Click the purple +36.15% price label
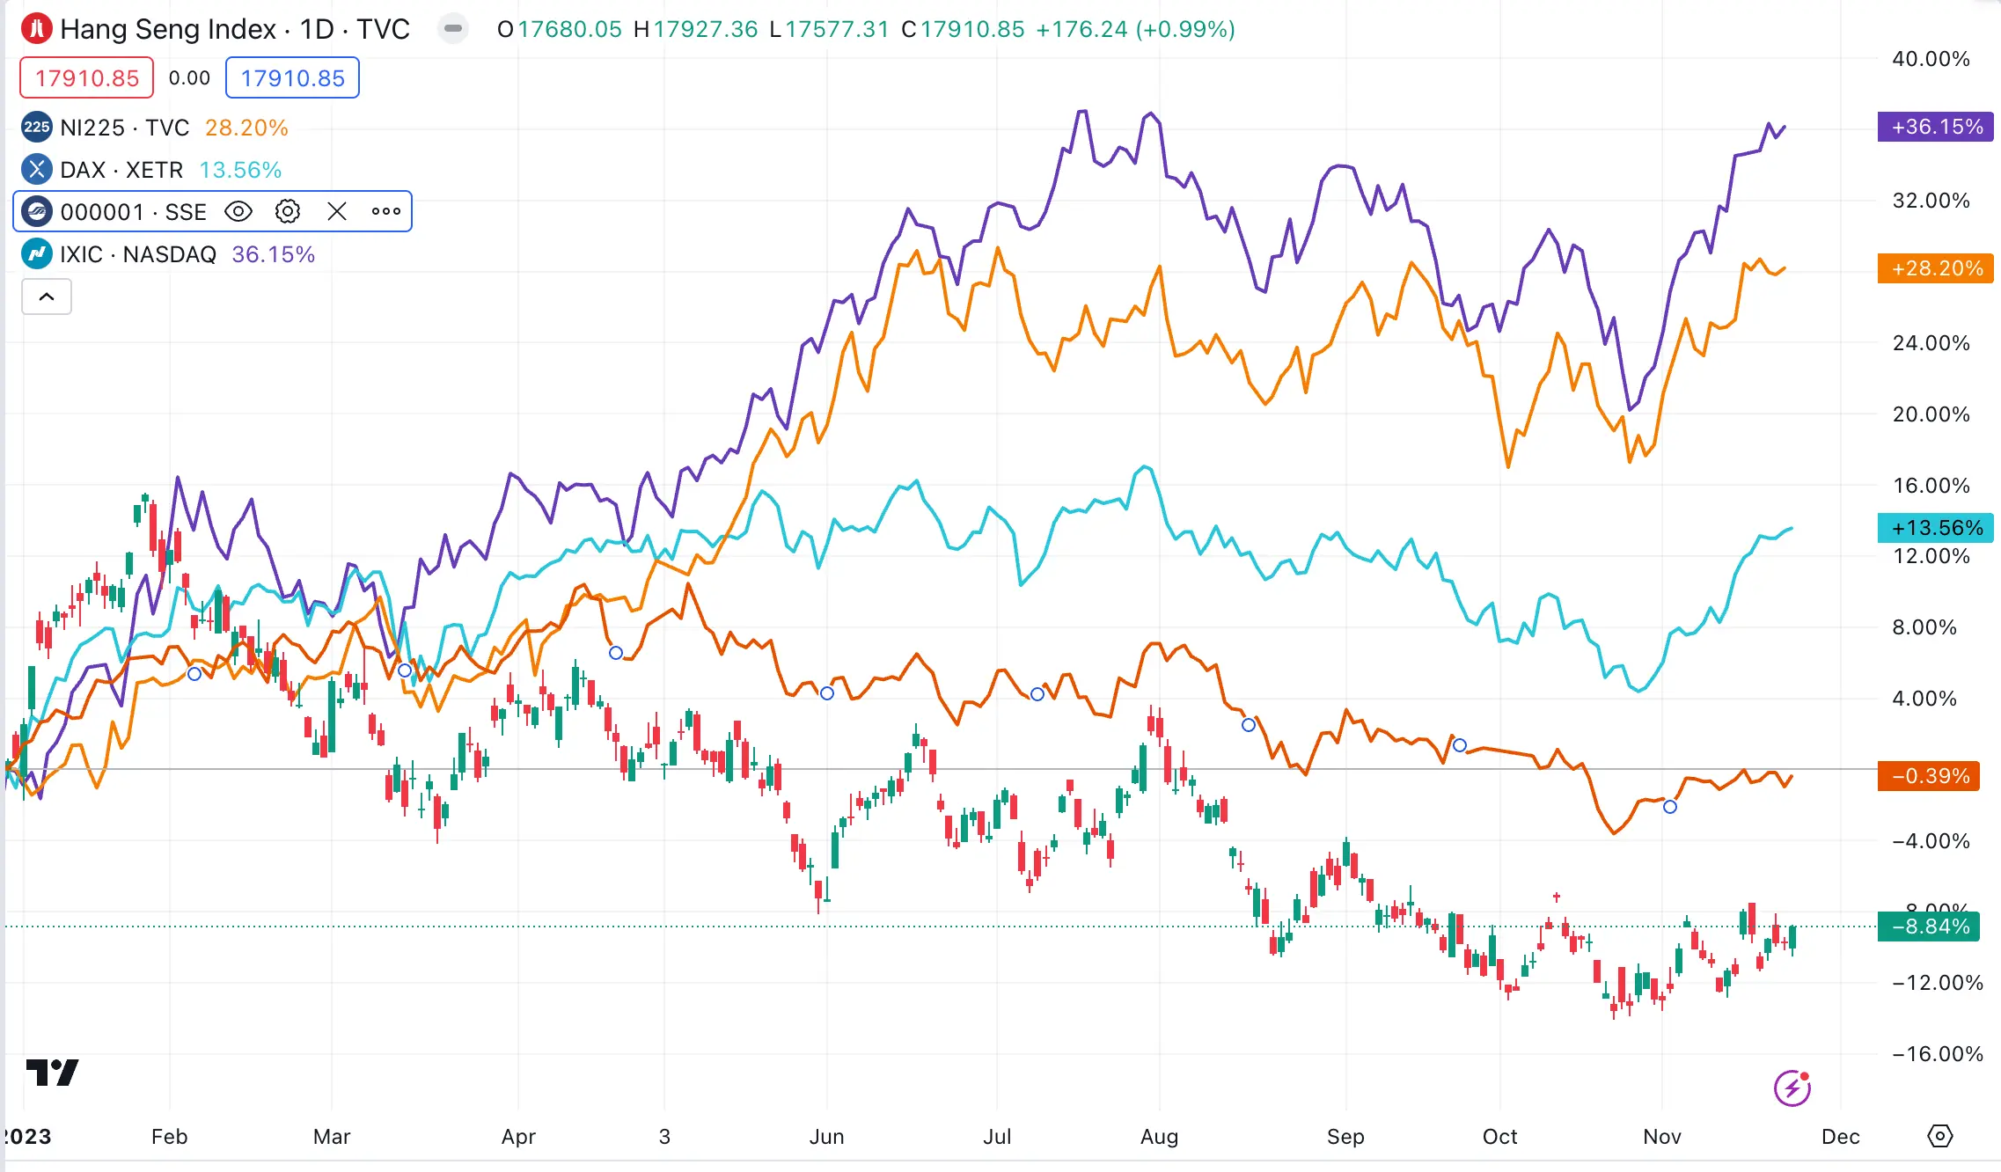coord(1935,127)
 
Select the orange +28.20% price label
coord(1935,268)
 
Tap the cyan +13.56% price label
coord(1937,528)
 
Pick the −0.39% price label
coord(1928,776)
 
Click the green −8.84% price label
coord(1928,927)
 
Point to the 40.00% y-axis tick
coord(1931,59)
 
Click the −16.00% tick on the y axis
coord(1937,1054)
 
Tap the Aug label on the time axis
coord(1159,1137)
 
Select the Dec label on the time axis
coord(1840,1137)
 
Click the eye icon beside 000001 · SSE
coord(238,212)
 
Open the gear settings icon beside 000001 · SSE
coord(288,212)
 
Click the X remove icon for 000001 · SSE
coord(337,212)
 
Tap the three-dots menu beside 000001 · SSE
coord(386,212)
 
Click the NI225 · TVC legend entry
coord(124,128)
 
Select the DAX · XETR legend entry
coord(121,170)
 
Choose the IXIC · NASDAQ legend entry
coord(137,254)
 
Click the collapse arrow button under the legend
coord(47,297)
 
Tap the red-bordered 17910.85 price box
coord(87,78)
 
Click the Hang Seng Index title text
coord(168,29)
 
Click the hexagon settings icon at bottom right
coord(1939,1136)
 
